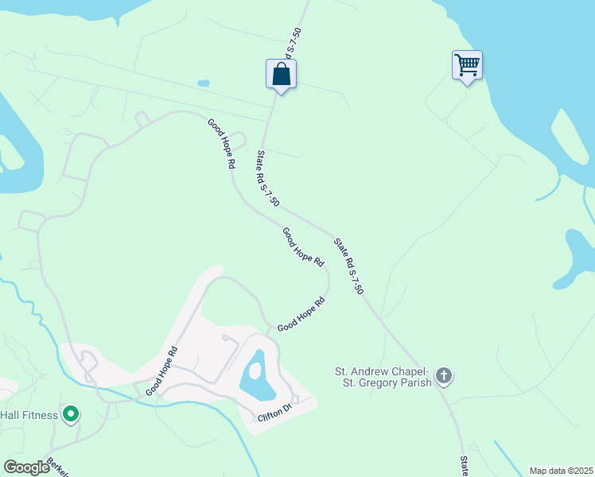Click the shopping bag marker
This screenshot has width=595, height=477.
pyautogui.click(x=281, y=75)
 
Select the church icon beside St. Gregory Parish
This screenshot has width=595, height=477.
pyautogui.click(x=444, y=375)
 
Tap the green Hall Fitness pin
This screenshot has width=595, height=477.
pyautogui.click(x=71, y=413)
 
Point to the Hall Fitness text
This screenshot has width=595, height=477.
pyautogui.click(x=29, y=414)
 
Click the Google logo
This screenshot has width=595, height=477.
pyautogui.click(x=26, y=467)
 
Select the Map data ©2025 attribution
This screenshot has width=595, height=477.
pyautogui.click(x=561, y=470)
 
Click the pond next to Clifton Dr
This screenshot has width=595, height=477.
pyautogui.click(x=258, y=376)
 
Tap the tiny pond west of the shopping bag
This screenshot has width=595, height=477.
pyautogui.click(x=204, y=83)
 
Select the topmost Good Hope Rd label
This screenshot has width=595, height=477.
pyautogui.click(x=223, y=143)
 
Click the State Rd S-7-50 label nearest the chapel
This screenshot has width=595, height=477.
pyautogui.click(x=349, y=267)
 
